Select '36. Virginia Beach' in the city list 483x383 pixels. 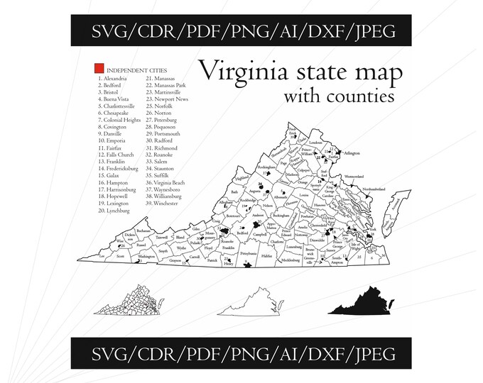pyautogui.click(x=168, y=182)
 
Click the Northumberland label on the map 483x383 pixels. pyautogui.click(x=374, y=189)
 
